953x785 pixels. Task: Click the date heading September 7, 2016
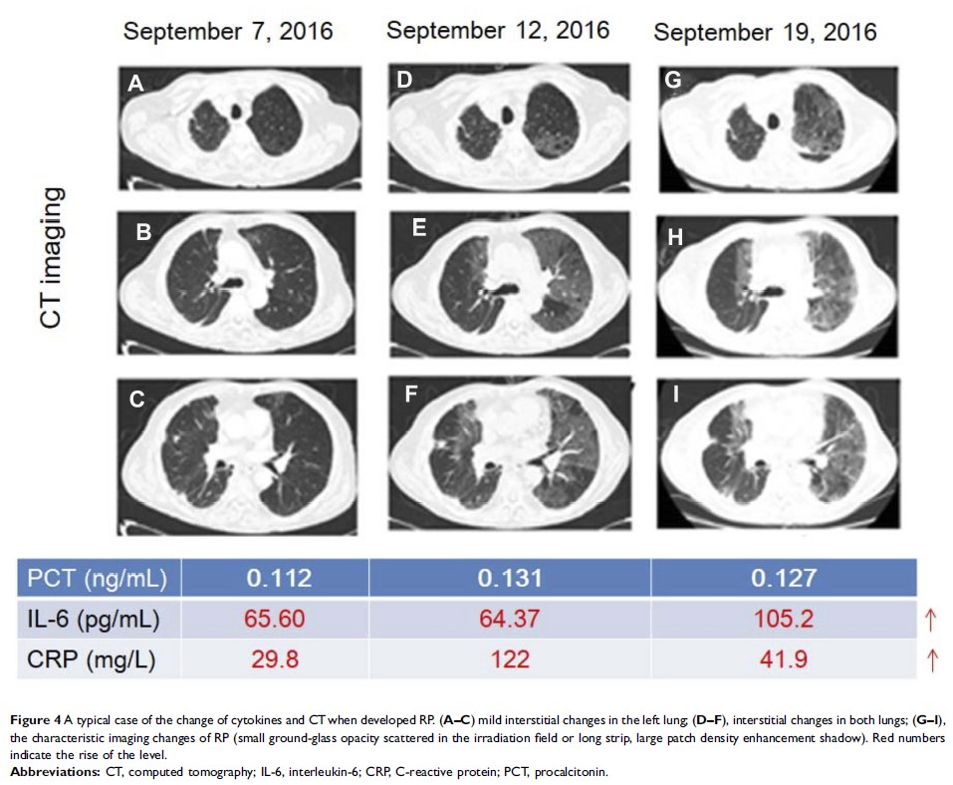point(228,33)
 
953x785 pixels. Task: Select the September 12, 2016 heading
point(497,30)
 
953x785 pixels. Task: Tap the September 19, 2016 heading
point(765,33)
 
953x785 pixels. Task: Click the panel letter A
point(136,86)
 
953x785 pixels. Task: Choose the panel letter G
point(673,80)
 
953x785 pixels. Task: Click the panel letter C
point(137,400)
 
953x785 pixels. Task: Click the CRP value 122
point(509,658)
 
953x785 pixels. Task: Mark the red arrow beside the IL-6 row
point(931,620)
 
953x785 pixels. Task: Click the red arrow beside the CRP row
point(931,658)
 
